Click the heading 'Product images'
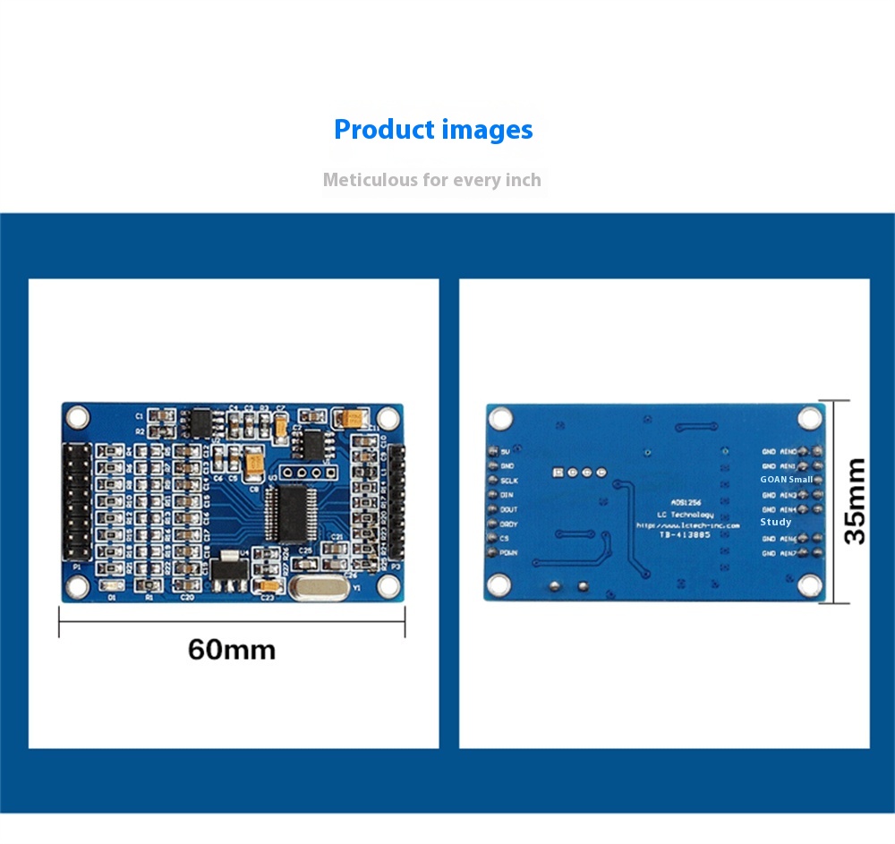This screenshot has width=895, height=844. click(433, 130)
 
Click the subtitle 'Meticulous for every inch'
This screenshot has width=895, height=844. click(431, 180)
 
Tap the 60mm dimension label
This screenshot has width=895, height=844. click(232, 649)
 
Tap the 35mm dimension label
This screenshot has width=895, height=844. click(856, 501)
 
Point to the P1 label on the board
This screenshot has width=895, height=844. click(76, 567)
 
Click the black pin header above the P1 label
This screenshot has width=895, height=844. click(76, 501)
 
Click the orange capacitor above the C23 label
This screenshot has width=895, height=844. click(267, 586)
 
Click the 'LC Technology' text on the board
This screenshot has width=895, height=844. click(686, 515)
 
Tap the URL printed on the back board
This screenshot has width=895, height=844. click(687, 525)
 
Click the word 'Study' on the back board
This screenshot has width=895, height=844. click(775, 522)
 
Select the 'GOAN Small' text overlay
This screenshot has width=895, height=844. click(786, 480)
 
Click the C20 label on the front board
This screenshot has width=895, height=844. click(187, 596)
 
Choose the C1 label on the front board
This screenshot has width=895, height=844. click(140, 417)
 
